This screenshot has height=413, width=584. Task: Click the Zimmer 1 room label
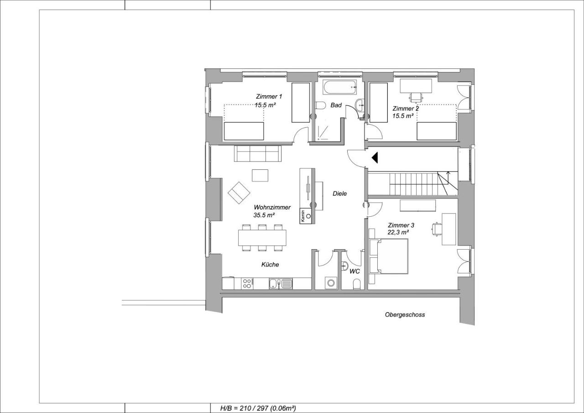click(269, 96)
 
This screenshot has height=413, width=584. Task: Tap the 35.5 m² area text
click(264, 215)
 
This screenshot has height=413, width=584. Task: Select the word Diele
click(340, 193)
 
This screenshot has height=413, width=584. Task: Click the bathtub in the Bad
click(340, 87)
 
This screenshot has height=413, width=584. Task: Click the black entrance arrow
click(375, 158)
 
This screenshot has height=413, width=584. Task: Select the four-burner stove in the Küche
click(325, 284)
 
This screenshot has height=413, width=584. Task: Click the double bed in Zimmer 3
click(389, 256)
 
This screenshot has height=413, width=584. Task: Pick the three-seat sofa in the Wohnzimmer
click(258, 154)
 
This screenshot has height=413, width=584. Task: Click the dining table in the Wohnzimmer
click(262, 238)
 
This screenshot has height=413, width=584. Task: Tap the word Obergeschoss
click(405, 315)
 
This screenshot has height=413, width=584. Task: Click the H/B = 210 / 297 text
click(244, 408)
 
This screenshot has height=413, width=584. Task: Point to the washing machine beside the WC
click(331, 283)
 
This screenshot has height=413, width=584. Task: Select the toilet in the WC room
click(357, 284)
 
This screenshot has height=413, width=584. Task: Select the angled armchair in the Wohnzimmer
click(239, 193)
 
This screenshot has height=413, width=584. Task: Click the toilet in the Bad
click(321, 105)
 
